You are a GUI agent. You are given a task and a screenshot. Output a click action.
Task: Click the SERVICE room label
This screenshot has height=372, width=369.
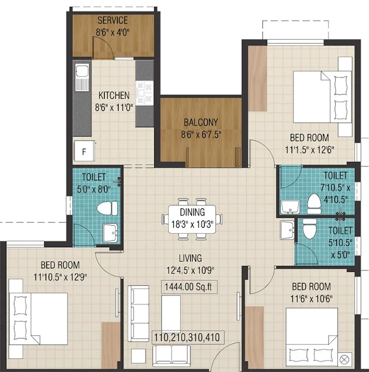[113, 20]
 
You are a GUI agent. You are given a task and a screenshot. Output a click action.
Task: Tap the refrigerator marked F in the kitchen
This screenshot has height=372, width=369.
[84, 151]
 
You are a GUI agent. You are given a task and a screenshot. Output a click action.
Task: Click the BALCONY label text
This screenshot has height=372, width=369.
[201, 122]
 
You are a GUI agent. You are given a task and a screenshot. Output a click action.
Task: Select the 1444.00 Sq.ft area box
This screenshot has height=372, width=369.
[189, 286]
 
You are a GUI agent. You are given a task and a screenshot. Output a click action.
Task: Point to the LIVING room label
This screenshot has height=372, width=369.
[190, 258]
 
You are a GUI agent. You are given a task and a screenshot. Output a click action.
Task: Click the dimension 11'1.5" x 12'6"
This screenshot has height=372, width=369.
[309, 151]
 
